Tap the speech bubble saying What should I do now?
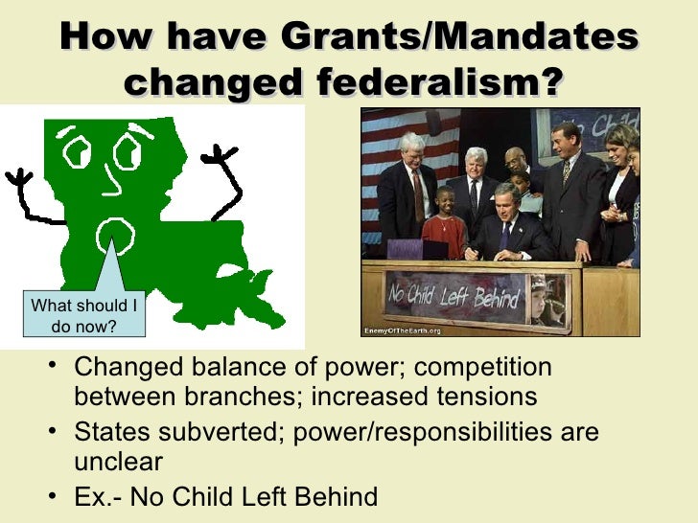coord(83,315)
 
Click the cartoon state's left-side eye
coord(76,151)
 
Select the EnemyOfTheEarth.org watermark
coord(401,331)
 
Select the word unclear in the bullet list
coord(118,462)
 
